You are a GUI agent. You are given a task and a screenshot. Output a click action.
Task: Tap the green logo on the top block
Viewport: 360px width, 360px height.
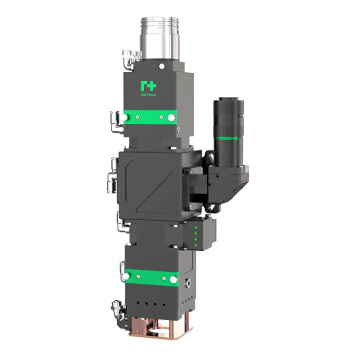tap(151, 89)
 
